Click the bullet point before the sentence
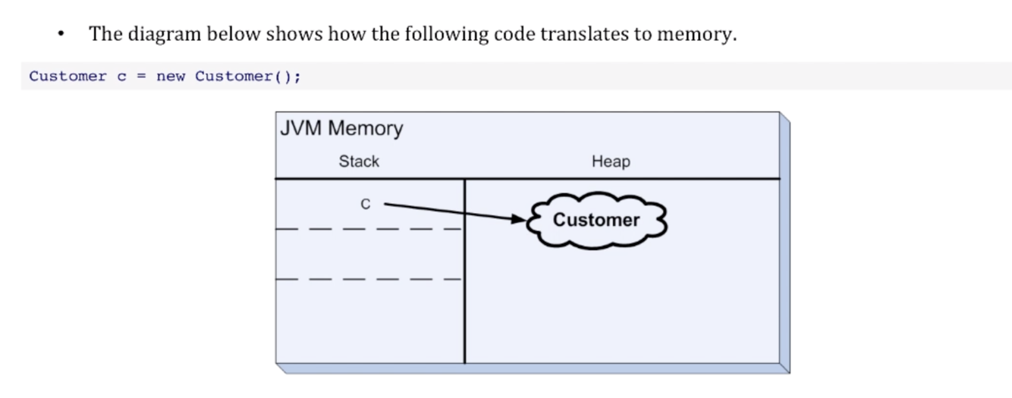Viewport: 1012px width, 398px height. [x=60, y=35]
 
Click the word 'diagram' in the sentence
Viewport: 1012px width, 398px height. [x=164, y=34]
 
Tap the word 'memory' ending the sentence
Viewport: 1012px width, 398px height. [x=696, y=34]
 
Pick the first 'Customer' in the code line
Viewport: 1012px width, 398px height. [x=68, y=77]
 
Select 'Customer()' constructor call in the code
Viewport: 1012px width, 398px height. [x=247, y=77]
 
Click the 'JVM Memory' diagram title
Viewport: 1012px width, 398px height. [x=341, y=128]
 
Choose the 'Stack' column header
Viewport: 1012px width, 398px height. [x=359, y=161]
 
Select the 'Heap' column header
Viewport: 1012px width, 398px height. [x=611, y=161]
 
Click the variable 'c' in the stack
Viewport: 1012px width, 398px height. [x=366, y=204]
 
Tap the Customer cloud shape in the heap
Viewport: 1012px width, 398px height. [x=596, y=220]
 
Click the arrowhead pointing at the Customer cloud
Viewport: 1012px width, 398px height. [x=519, y=219]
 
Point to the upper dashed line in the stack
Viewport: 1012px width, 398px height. [x=369, y=228]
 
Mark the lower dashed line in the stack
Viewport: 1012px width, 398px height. [x=369, y=279]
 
